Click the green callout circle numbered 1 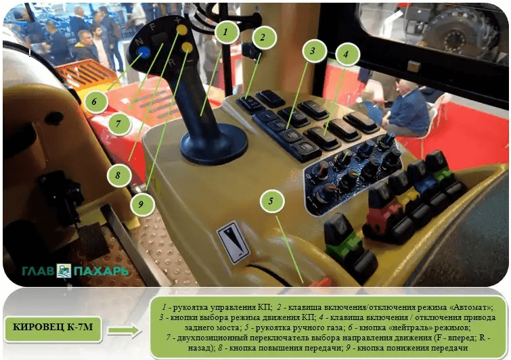226,32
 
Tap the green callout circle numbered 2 263,37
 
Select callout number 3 313,51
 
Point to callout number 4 347,53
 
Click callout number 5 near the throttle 271,201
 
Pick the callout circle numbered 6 95,102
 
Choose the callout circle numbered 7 118,124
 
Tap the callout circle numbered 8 118,175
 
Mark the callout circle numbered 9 141,204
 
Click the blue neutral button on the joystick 143,52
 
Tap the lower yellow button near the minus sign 187,47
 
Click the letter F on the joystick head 152,27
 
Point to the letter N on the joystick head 139,41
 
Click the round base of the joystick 213,143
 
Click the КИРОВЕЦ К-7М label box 53,328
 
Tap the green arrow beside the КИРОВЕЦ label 123,330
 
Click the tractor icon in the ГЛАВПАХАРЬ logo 64,271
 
